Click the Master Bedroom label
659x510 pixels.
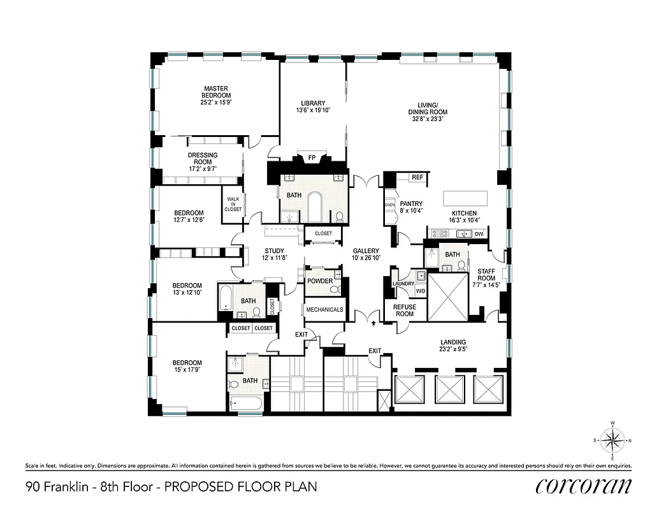217,92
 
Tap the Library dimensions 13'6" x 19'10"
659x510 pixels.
313,110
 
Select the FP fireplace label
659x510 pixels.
312,157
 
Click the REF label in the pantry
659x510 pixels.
417,177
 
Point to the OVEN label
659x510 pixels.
390,205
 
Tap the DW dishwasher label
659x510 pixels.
479,235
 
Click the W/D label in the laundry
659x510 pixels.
421,291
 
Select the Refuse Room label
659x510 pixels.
405,310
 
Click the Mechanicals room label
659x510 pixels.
324,310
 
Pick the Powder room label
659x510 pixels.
319,281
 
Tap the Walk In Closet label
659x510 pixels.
233,204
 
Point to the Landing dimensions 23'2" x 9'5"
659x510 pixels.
453,349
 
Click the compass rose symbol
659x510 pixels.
612,440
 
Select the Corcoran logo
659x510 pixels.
584,486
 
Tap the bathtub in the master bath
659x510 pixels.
316,208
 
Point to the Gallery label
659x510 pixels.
366,251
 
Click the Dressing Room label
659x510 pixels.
203,159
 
